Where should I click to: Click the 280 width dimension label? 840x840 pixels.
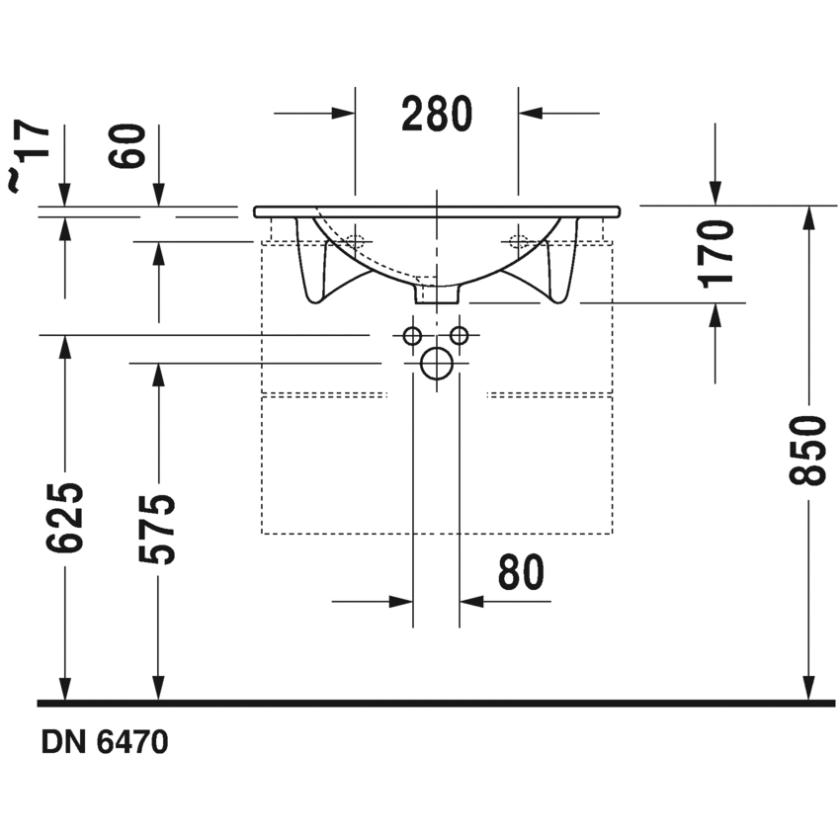[437, 114]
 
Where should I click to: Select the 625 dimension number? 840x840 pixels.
[65, 518]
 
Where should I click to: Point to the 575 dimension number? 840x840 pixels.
[157, 530]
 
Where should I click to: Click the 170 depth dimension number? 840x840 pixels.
[715, 254]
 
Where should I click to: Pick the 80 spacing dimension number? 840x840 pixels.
[521, 572]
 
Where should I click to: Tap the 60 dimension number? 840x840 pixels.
[126, 146]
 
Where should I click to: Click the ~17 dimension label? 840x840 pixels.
[29, 155]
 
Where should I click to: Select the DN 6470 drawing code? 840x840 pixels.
[105, 742]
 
